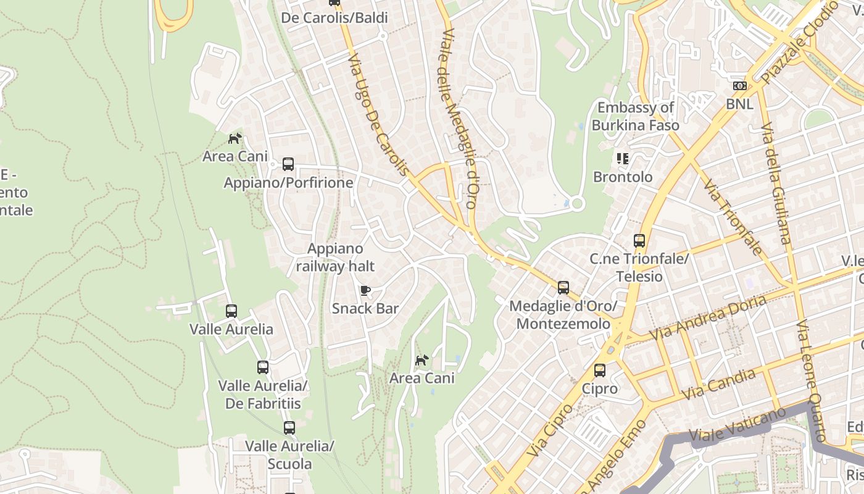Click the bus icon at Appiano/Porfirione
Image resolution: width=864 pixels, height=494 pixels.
[x=288, y=164]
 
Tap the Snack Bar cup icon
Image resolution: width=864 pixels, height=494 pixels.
[x=365, y=290]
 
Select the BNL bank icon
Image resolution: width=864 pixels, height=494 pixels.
[x=739, y=86]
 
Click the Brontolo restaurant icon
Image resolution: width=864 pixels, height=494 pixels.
[x=623, y=159]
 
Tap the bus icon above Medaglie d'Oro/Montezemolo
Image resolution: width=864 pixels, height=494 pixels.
[x=563, y=287]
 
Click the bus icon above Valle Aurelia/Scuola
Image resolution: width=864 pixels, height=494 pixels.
[x=289, y=427]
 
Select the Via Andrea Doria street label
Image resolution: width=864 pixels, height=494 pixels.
[x=708, y=317]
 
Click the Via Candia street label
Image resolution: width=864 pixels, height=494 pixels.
[x=718, y=384]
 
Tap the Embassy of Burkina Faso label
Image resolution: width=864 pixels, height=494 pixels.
[x=635, y=116]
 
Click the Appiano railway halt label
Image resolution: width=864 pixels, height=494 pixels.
[x=335, y=257]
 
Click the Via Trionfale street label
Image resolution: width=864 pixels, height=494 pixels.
[x=733, y=217]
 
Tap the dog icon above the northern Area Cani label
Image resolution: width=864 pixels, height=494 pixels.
[x=235, y=138]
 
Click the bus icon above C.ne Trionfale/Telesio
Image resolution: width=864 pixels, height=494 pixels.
[x=639, y=241]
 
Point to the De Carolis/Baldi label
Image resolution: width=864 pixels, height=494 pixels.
[x=334, y=17]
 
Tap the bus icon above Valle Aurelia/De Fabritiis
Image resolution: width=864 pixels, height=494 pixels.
[x=263, y=367]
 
